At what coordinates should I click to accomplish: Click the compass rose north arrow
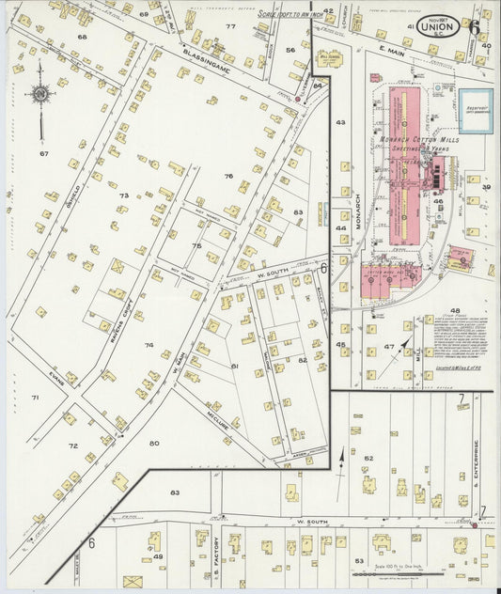tap(40, 93)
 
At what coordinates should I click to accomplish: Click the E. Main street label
tap(389, 61)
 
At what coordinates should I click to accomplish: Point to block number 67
tap(43, 153)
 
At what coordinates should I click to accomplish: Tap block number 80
tap(153, 442)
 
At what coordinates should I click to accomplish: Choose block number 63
tap(175, 492)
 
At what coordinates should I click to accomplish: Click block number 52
tap(368, 458)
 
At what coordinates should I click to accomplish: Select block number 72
tap(72, 445)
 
